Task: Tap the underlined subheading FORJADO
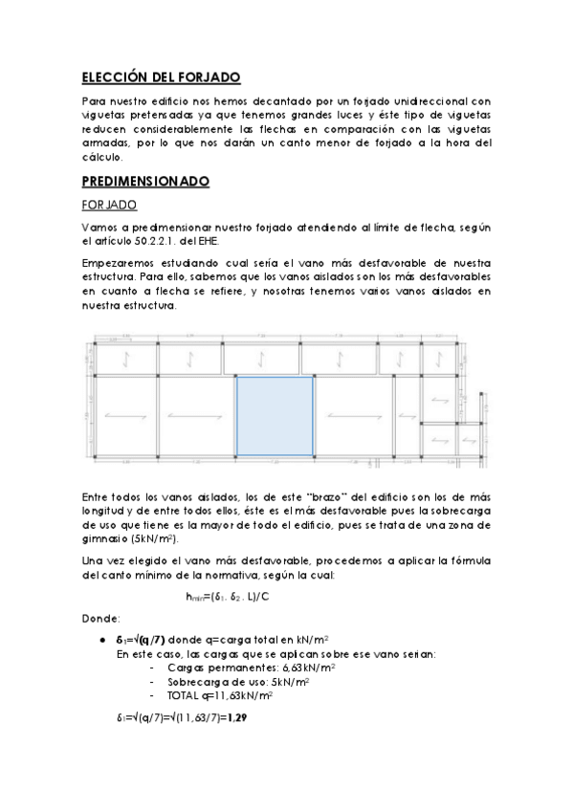110,204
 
